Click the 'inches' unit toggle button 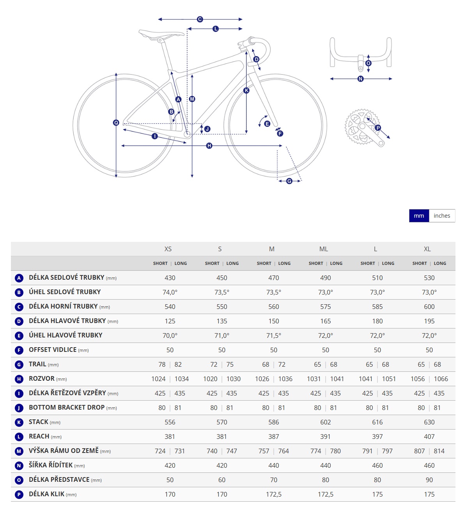coord(441,216)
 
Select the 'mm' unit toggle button coord(419,216)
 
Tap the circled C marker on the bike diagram coord(200,19)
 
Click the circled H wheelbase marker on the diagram coord(209,146)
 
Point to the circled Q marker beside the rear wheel coord(116,122)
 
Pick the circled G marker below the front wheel coord(289,181)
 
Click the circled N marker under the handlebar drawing coord(360,79)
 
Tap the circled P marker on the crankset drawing coord(377,128)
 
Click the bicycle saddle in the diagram coord(161,34)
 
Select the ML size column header coord(324,249)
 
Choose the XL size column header coord(427,249)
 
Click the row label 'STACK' coord(39,422)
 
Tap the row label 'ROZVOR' coord(42,378)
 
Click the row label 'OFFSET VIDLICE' coord(53,350)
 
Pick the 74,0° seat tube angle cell coord(170,292)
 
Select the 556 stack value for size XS coord(170,422)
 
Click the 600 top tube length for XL coord(429,307)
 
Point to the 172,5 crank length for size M coord(274,494)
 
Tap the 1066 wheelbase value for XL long coord(441,379)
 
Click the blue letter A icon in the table coord(19,278)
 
